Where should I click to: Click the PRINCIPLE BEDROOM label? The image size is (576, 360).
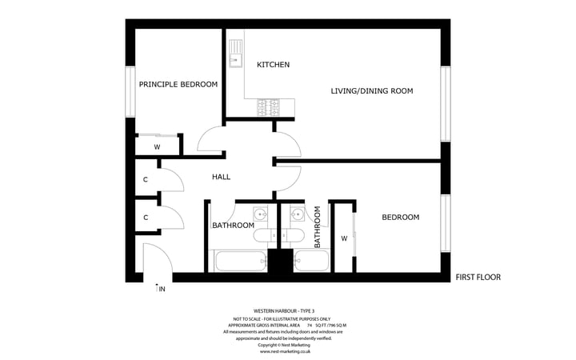coord(178,84)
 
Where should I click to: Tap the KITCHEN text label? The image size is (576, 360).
coord(273,64)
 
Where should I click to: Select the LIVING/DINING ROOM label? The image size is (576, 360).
coord(372,91)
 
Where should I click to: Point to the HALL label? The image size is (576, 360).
coord(222,177)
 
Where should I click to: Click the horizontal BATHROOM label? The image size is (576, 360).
coord(233,226)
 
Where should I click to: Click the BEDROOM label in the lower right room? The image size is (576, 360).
coord(400,217)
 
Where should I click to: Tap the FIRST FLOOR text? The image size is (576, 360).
coord(478,278)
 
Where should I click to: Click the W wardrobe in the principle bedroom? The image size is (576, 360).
coord(157,147)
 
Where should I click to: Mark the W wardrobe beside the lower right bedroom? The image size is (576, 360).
coord(344,238)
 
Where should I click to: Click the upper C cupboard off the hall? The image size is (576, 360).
coord(146,180)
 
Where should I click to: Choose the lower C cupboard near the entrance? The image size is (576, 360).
coord(146,217)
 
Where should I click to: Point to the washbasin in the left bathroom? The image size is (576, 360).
coord(260,214)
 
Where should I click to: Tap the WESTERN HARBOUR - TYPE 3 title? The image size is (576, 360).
coord(284,310)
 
